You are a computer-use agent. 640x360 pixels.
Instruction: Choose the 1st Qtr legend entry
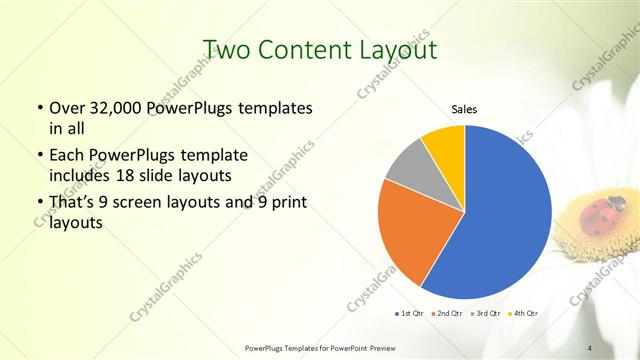pyautogui.click(x=410, y=314)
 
